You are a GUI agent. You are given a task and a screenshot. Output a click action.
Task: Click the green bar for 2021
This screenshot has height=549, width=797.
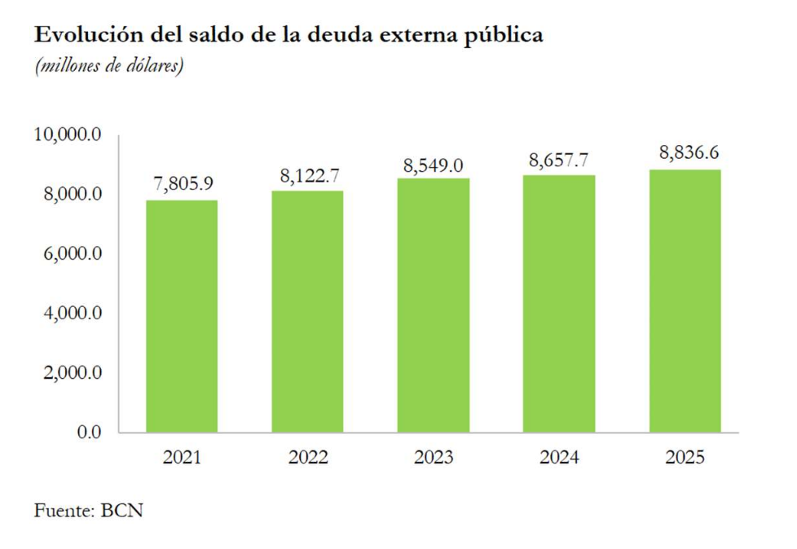(182, 316)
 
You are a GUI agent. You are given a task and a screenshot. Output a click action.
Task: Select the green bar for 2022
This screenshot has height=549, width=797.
(308, 311)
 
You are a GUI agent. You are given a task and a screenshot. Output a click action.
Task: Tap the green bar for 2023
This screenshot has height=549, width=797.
(434, 305)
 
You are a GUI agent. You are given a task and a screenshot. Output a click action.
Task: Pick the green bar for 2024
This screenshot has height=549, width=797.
(559, 303)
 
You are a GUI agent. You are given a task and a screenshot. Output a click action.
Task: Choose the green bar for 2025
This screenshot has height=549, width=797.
(685, 301)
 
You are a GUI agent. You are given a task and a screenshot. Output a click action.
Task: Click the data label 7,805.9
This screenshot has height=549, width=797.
(183, 183)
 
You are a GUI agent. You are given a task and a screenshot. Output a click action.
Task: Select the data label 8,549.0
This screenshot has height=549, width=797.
(434, 165)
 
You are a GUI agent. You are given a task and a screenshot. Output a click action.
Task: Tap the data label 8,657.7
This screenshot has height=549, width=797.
(558, 160)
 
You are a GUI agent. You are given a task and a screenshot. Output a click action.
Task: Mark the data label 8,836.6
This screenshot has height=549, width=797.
(685, 152)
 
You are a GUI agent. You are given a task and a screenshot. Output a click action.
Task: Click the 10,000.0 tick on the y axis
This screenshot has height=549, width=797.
(67, 134)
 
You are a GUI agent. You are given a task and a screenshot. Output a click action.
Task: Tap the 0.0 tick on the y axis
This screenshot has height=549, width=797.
(90, 432)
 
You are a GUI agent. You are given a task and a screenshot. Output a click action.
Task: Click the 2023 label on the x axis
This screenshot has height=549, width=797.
(434, 458)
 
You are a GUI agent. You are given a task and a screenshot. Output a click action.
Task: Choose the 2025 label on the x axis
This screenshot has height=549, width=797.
(685, 458)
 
